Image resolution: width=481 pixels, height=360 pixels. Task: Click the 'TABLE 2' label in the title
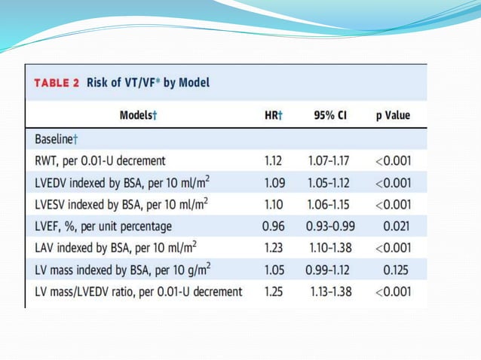point(57,82)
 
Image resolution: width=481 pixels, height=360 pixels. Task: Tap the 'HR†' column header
point(273,115)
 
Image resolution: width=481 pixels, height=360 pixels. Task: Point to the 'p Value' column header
point(393,115)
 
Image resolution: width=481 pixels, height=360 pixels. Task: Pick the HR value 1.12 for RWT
point(272,160)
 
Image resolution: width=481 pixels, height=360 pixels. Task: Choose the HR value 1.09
point(272,182)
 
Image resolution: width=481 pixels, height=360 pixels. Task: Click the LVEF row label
point(103,225)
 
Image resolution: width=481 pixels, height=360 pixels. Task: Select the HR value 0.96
point(272,225)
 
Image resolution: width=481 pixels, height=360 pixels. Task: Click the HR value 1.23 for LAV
point(272,247)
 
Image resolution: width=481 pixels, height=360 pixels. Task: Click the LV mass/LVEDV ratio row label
point(138,291)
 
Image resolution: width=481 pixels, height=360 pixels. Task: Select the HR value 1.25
point(272,291)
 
